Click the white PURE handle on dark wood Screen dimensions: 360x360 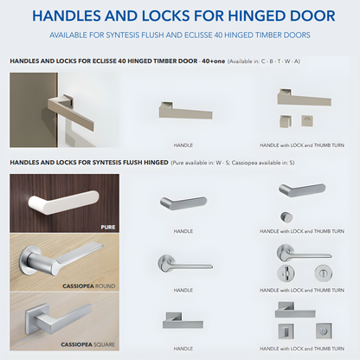(x=63, y=202)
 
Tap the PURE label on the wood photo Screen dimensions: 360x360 (x=108, y=228)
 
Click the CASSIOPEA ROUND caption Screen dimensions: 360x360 (x=89, y=286)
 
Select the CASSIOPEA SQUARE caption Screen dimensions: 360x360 (x=88, y=344)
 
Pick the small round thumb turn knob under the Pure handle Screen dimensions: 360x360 (x=286, y=217)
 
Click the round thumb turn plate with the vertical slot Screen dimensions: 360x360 (x=286, y=273)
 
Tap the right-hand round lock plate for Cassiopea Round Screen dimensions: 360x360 (x=324, y=273)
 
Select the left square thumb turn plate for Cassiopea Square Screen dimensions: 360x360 (x=286, y=331)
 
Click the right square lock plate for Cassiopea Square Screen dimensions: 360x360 (x=324, y=331)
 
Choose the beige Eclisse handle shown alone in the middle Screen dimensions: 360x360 (x=185, y=111)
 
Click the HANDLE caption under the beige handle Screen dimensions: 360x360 (x=183, y=145)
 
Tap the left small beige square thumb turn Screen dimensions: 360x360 (x=286, y=121)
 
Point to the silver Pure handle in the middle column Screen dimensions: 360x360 (x=183, y=202)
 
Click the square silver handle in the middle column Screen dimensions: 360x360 (x=183, y=321)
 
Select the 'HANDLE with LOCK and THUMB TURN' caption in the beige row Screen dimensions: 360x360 (x=302, y=145)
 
